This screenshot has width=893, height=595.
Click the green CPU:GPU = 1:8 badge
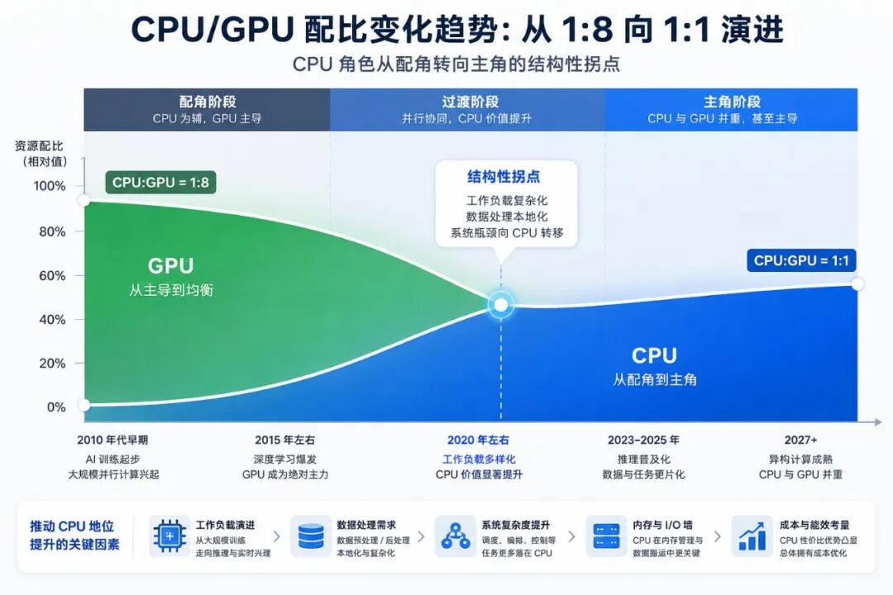[x=160, y=182]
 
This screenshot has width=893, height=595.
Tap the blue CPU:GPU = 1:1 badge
[x=801, y=260]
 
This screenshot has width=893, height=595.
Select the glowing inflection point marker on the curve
[x=500, y=305]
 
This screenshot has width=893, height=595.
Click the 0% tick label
[x=56, y=407]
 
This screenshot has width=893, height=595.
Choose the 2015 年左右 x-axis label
[x=284, y=440]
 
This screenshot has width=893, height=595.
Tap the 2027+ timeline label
[x=800, y=440]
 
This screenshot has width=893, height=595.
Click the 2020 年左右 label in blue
[x=479, y=440]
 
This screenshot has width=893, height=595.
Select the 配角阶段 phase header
[x=208, y=102]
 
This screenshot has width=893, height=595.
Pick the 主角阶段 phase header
[x=733, y=102]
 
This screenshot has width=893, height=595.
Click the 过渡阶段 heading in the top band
[x=470, y=102]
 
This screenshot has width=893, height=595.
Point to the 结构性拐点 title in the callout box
[x=504, y=177]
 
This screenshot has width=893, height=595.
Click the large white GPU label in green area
[x=171, y=265]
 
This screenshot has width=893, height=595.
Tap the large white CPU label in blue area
[x=654, y=355]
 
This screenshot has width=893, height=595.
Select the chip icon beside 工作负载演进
[x=170, y=535]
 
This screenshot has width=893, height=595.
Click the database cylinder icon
[x=311, y=536]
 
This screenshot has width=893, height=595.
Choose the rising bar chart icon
[x=752, y=536]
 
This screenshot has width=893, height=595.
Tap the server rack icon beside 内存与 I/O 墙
[x=606, y=536]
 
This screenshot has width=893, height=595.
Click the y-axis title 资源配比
[x=39, y=146]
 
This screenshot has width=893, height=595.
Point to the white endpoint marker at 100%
[x=84, y=201]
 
